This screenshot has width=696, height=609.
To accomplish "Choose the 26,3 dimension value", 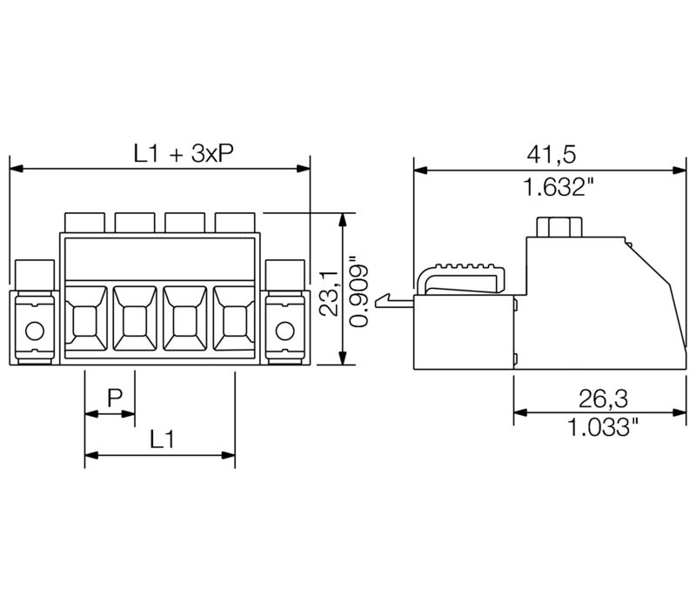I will tap(603, 399).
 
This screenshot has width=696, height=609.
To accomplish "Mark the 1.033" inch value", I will tap(603, 427).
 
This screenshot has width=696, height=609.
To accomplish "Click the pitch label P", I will tap(114, 398).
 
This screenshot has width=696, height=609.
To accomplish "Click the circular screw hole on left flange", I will tap(34, 331).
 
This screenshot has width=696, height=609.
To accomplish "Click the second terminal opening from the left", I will tap(135, 322).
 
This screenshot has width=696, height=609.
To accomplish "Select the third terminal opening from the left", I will tap(184, 322).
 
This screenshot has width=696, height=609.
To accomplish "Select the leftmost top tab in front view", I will tap(85, 222).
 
